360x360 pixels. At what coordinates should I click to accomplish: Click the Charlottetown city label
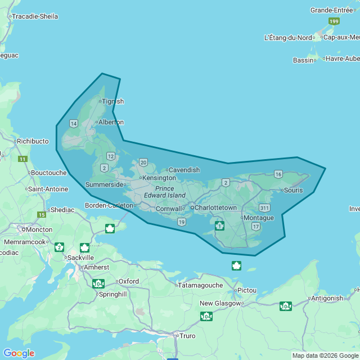coord(215,208)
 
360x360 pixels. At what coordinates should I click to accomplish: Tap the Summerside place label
coord(104,184)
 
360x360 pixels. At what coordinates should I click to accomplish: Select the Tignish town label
coord(112,101)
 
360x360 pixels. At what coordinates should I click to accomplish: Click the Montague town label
coord(259,218)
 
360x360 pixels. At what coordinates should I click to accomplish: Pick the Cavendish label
coord(184,170)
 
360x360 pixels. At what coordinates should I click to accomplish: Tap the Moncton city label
coord(39,229)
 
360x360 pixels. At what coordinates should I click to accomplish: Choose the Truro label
coord(187,336)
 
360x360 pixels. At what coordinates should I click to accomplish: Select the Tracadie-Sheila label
coord(35,16)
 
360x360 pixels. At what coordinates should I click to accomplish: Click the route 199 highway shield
coord(334,21)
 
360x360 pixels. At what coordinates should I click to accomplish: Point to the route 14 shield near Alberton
coord(74,123)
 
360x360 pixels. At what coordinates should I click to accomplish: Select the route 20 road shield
coord(143,163)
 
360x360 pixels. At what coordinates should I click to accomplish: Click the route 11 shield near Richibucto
coord(22,159)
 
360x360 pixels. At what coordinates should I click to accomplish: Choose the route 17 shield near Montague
coord(256,226)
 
